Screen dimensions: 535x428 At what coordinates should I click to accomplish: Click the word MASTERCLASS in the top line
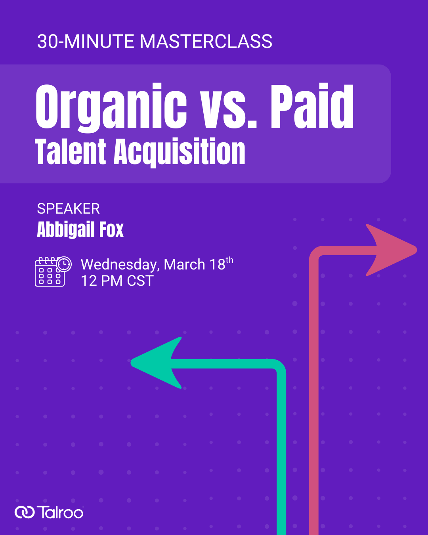click(206, 42)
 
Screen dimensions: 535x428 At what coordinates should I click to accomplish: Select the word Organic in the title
click(111, 107)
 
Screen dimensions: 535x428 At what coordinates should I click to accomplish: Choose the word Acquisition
click(180, 153)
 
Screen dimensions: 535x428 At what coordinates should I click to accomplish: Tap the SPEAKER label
click(68, 208)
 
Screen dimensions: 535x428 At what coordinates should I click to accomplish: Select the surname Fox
click(111, 230)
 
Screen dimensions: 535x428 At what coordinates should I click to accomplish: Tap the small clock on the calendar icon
click(63, 264)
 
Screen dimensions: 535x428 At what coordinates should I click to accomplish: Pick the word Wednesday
click(120, 265)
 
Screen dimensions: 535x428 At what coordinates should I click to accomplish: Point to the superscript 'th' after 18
click(229, 260)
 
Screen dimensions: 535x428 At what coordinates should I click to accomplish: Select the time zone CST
click(140, 281)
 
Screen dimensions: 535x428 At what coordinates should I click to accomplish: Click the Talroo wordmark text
click(60, 512)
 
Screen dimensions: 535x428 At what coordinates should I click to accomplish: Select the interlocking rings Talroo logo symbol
click(25, 512)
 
